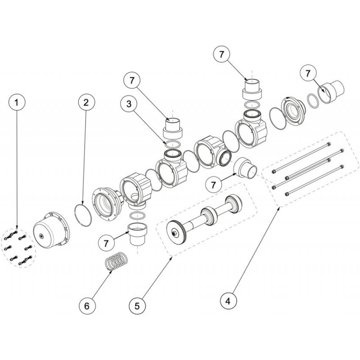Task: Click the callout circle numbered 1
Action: pos(17,103)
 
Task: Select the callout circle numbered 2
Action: pos(86,103)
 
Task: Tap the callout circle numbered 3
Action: pos(129,104)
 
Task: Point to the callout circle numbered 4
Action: pos(228,301)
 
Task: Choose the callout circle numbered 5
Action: pos(137,306)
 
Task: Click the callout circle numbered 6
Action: pos(87,306)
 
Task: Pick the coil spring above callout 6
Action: pos(116,261)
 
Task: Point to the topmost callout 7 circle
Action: pos(221,54)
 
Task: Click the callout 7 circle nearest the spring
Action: pos(106,243)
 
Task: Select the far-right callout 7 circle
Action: pos(308,73)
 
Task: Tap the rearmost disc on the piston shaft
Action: pos(233,204)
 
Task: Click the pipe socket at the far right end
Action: pos(331,92)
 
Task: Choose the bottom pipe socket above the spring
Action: pos(138,234)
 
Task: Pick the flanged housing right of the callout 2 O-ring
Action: pos(108,204)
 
